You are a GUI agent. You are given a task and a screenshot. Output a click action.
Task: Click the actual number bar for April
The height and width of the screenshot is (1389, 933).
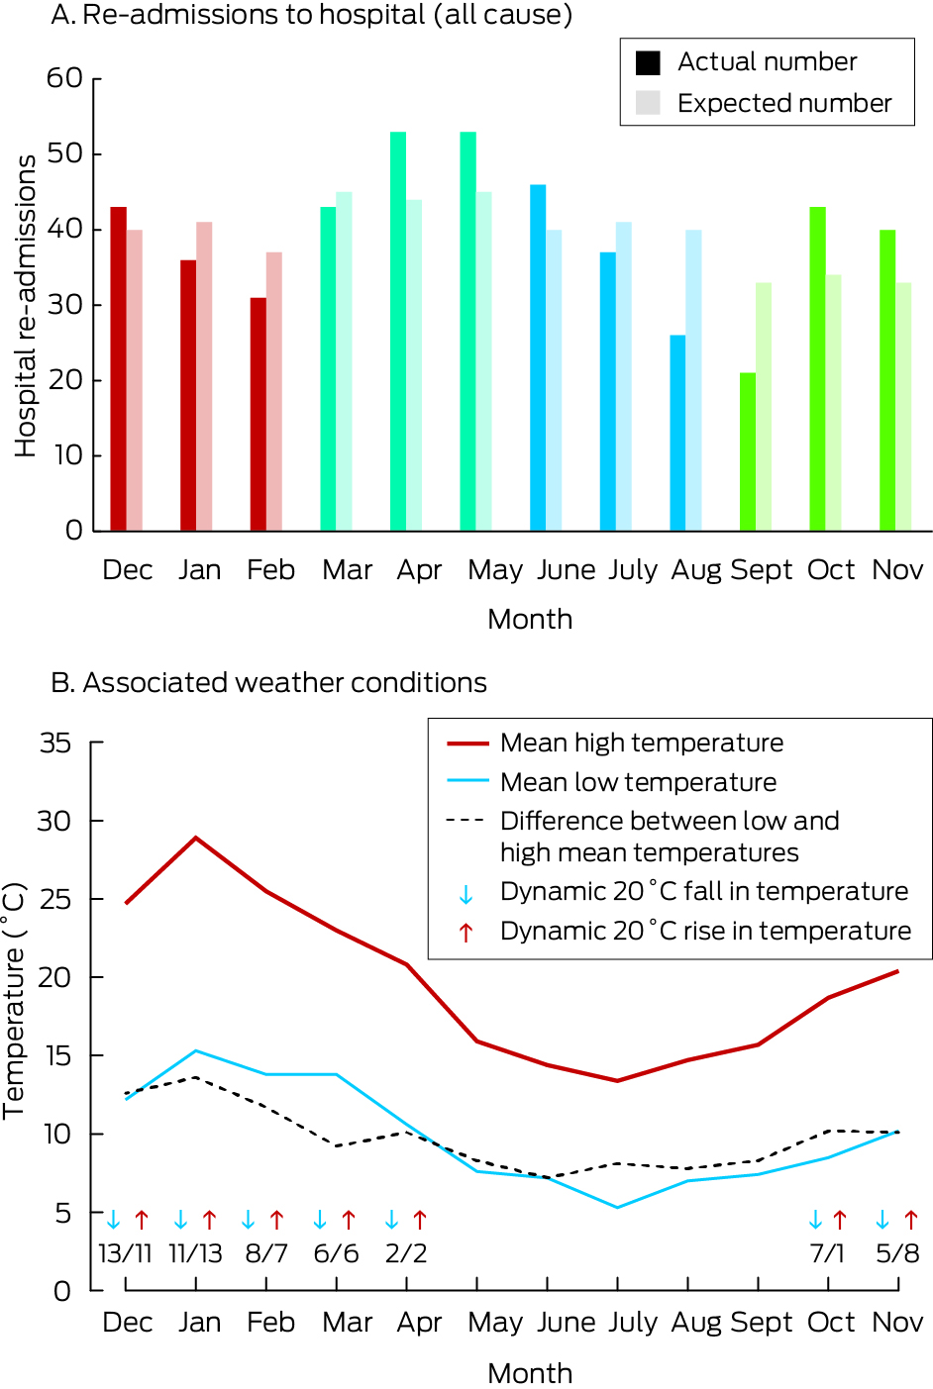click(x=398, y=332)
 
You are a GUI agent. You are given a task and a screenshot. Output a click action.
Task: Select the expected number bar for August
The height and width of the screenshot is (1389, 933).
click(x=693, y=381)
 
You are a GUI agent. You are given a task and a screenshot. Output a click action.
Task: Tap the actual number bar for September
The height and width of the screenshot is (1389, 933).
click(x=748, y=451)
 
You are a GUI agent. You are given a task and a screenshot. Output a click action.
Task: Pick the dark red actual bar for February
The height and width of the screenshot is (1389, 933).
click(x=259, y=414)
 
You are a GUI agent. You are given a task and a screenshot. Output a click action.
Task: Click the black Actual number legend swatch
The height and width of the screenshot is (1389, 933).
click(x=648, y=62)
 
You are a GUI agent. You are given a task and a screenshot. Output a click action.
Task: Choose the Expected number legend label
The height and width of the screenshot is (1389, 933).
click(x=784, y=103)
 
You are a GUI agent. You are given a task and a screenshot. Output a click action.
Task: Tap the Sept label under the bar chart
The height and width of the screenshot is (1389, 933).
click(x=761, y=570)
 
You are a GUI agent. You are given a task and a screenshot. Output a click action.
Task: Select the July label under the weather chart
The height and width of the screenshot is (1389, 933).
click(x=633, y=1323)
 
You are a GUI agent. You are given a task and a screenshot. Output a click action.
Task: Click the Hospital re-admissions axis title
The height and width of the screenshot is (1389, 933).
click(x=26, y=305)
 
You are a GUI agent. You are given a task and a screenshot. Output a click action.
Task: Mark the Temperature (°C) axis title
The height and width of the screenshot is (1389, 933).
click(x=14, y=1000)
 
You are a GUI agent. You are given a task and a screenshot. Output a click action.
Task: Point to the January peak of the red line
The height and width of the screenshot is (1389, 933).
click(x=196, y=838)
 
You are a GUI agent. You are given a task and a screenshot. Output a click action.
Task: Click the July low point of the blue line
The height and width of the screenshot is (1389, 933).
click(x=617, y=1207)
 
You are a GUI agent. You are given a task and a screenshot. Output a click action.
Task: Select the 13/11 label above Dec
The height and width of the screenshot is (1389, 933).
click(x=125, y=1253)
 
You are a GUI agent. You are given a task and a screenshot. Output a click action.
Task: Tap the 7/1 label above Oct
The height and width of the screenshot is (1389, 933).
click(x=827, y=1253)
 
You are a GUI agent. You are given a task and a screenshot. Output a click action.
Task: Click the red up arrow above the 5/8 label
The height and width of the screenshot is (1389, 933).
click(x=911, y=1220)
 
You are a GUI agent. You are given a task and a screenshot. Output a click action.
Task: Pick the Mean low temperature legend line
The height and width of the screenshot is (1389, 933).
click(x=467, y=781)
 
